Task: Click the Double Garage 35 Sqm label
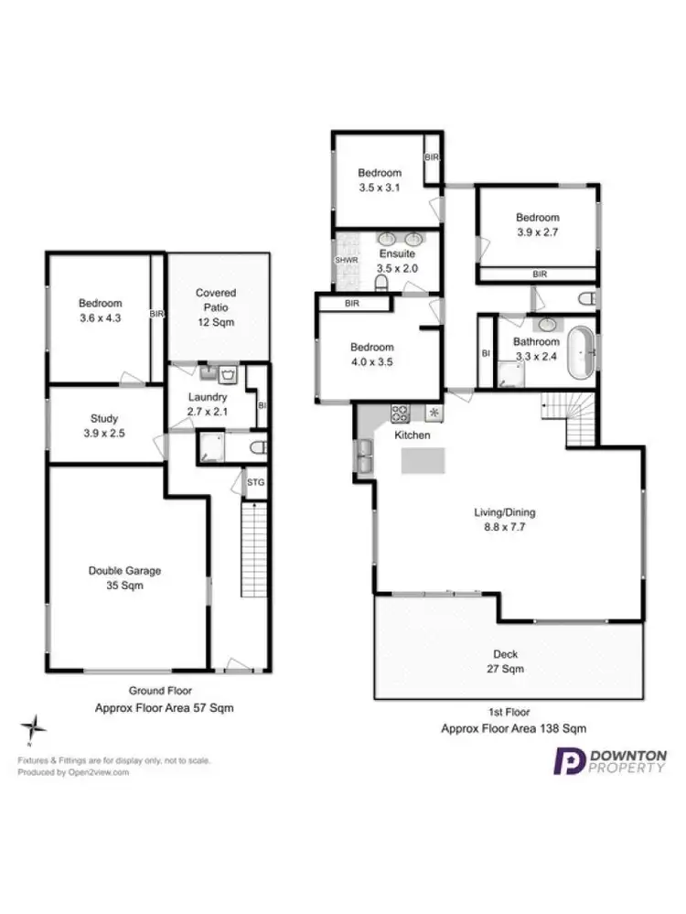coord(124,577)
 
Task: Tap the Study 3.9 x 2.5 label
coord(104,425)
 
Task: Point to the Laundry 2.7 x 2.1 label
coord(207,404)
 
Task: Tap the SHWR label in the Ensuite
coord(346,260)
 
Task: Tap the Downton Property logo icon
coord(570,761)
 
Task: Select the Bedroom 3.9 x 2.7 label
coord(537,224)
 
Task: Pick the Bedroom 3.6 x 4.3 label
coord(100,310)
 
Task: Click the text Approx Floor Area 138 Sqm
coord(512,728)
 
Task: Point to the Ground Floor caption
coord(159,691)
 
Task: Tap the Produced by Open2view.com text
coord(74,771)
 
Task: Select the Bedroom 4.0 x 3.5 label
coord(371,354)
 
